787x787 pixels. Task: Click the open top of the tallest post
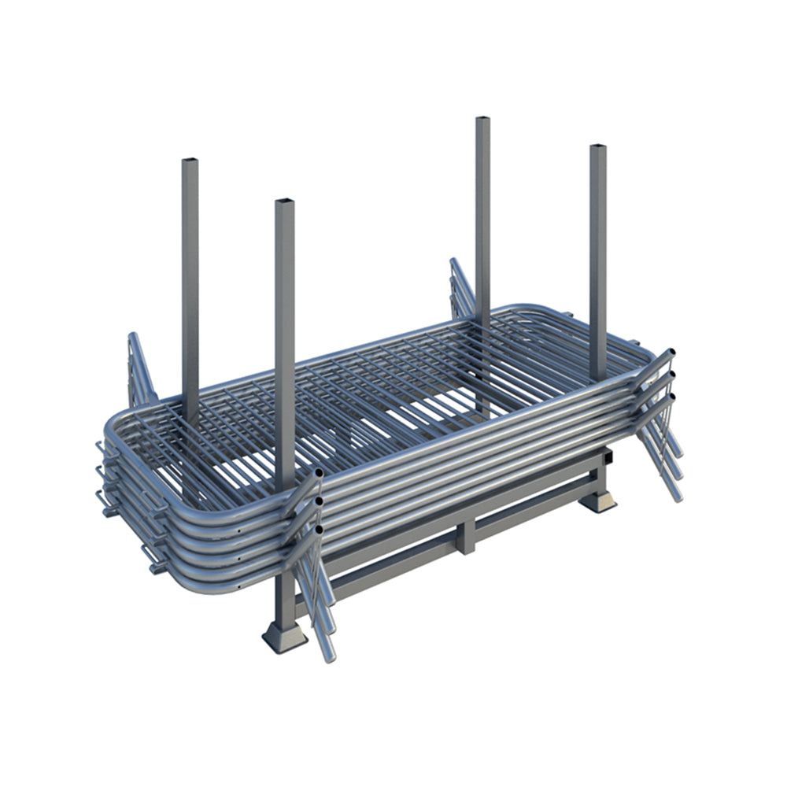(x=482, y=120)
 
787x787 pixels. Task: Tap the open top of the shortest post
(x=284, y=202)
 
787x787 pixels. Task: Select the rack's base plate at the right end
(x=599, y=501)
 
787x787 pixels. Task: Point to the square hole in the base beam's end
(x=608, y=456)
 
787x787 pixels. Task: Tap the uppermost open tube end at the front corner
(x=318, y=475)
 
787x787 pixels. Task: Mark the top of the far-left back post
(x=190, y=162)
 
